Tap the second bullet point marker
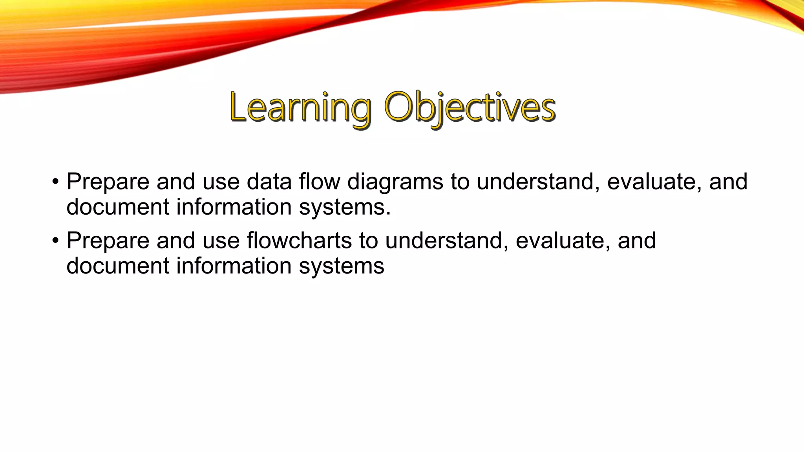coord(55,241)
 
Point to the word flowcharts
coord(299,241)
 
